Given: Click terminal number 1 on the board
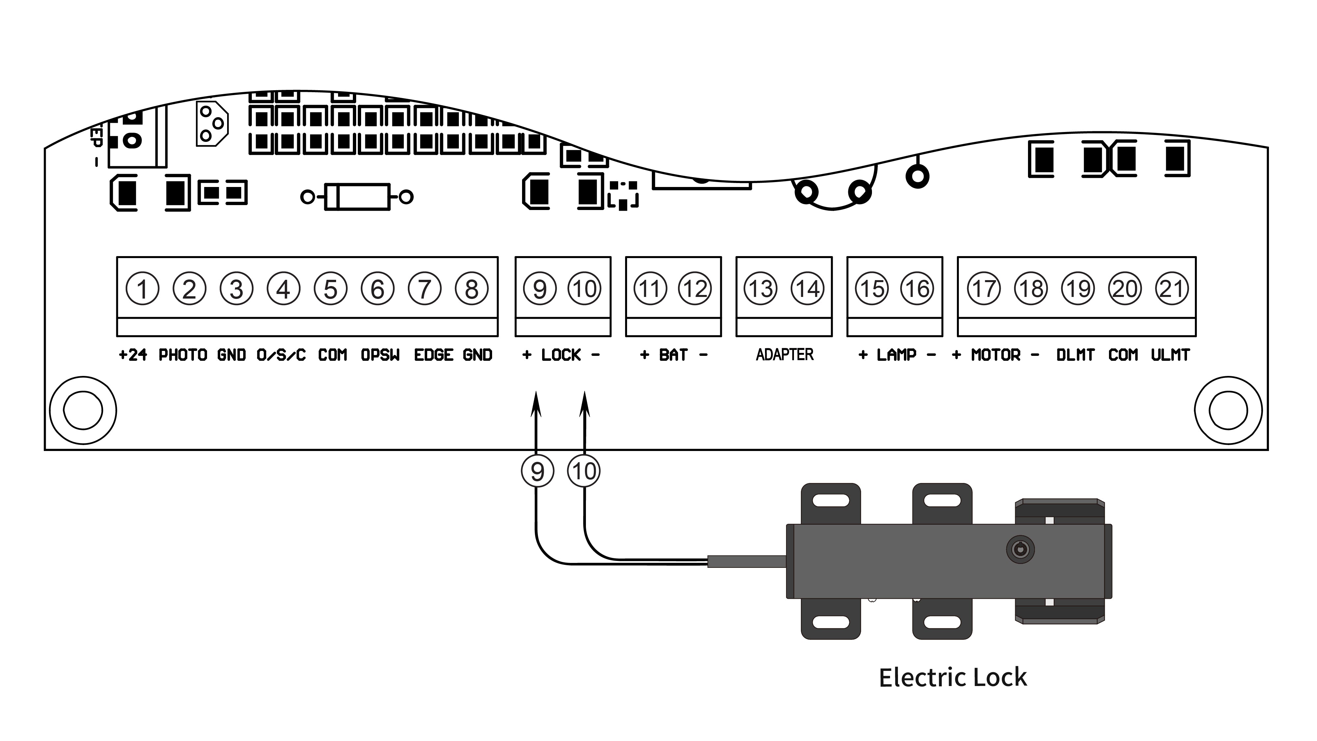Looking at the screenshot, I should click(x=142, y=289).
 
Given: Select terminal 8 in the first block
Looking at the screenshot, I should click(x=471, y=289).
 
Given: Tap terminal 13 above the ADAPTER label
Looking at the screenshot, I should click(x=760, y=289).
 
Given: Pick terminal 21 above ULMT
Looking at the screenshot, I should click(x=1172, y=289).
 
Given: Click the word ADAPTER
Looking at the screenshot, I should click(x=784, y=355).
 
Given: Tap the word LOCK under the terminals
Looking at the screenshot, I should click(x=561, y=355).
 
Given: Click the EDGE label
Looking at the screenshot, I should click(x=434, y=355).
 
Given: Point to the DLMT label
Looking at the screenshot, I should click(x=1075, y=355).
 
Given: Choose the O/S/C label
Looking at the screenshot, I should click(x=281, y=355).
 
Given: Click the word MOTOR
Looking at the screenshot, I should click(x=995, y=355).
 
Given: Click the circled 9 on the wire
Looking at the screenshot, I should click(x=537, y=471).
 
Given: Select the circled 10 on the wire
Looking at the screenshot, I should click(x=584, y=471).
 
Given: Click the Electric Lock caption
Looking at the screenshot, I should click(x=953, y=677).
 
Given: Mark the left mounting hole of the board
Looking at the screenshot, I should click(x=83, y=410).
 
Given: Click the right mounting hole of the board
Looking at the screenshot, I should click(x=1228, y=410).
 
